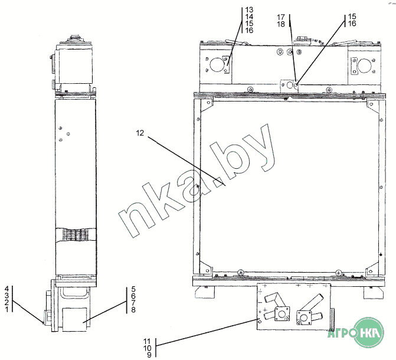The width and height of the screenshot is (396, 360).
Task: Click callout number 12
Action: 140,133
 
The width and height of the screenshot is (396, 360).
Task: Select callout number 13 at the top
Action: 249,10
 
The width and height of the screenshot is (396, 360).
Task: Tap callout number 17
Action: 281,17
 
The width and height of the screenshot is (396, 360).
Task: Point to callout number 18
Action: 281,24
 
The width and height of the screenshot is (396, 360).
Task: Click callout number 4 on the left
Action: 7,289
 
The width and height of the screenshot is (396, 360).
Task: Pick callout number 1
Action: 7,309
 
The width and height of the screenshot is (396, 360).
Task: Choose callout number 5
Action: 133,289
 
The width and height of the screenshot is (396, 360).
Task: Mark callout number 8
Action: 133,310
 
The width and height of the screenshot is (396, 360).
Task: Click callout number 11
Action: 147,341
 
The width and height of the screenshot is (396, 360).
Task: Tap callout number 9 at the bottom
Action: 149,355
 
